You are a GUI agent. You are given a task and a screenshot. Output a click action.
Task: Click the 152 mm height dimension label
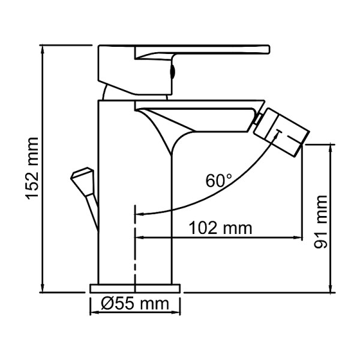pyautogui.click(x=31, y=169)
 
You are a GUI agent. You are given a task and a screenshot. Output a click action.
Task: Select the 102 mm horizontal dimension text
pyautogui.click(x=220, y=228)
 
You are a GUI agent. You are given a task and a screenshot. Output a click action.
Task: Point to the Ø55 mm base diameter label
pyautogui.click(x=136, y=304)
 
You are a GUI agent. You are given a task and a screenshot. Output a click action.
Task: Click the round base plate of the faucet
pyautogui.click(x=135, y=288)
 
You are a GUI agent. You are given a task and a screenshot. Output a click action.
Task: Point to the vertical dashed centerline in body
pyautogui.click(x=136, y=252)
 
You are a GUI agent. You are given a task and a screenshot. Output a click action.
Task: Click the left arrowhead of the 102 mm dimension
pyautogui.click(x=140, y=238)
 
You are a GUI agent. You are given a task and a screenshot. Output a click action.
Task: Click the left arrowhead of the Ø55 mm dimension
pyautogui.click(x=94, y=313)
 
